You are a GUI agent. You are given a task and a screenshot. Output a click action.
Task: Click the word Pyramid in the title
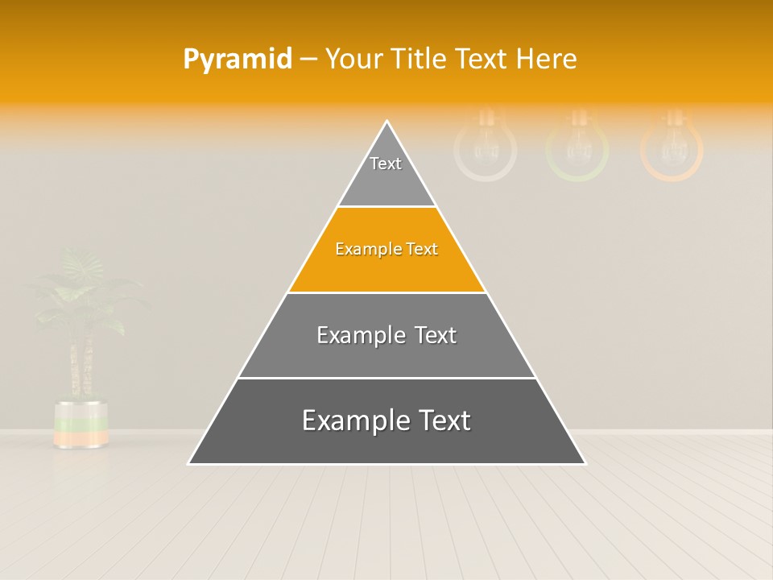point(238,60)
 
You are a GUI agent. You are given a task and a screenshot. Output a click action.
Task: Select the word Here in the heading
point(546,60)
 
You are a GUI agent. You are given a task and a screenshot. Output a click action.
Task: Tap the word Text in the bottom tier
point(438,420)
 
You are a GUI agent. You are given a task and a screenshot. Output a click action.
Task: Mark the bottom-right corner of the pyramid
point(585,463)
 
